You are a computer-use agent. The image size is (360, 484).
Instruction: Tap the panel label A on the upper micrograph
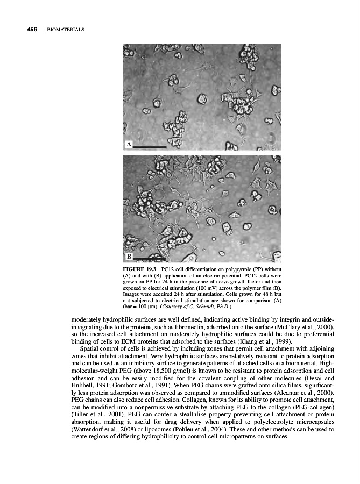[129, 144]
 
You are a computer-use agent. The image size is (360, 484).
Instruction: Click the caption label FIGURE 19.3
[140, 268]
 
